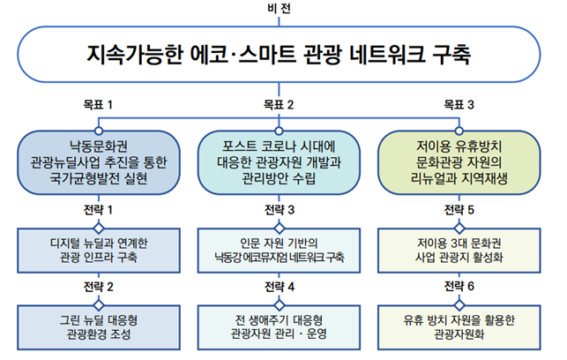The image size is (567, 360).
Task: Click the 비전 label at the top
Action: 279,8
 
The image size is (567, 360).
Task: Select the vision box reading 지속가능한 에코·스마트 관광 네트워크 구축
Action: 279,55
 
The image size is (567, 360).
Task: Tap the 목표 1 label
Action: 98,105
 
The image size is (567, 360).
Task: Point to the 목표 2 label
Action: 279,105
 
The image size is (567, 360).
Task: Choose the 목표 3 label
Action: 459,105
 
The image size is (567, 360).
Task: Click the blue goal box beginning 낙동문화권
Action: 99,163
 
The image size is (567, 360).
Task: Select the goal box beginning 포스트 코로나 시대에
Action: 279,163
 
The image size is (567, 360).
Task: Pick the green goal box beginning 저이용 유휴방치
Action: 459,163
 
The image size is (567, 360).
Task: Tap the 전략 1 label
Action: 98,210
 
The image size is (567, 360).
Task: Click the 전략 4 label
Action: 280,287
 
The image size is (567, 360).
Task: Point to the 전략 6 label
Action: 459,287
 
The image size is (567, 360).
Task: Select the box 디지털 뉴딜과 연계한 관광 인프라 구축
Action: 99,251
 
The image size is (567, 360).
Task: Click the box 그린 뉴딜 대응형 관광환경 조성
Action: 99,327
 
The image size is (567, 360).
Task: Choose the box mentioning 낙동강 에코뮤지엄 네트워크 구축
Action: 279,251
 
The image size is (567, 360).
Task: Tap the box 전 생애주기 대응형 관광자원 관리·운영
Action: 279,327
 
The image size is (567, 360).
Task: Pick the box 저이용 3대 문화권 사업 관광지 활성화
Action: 459,251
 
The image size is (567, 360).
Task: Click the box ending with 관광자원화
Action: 459,327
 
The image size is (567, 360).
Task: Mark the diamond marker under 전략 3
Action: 279,229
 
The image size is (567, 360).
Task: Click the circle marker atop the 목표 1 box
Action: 99,131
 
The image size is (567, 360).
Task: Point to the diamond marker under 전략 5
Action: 459,229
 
